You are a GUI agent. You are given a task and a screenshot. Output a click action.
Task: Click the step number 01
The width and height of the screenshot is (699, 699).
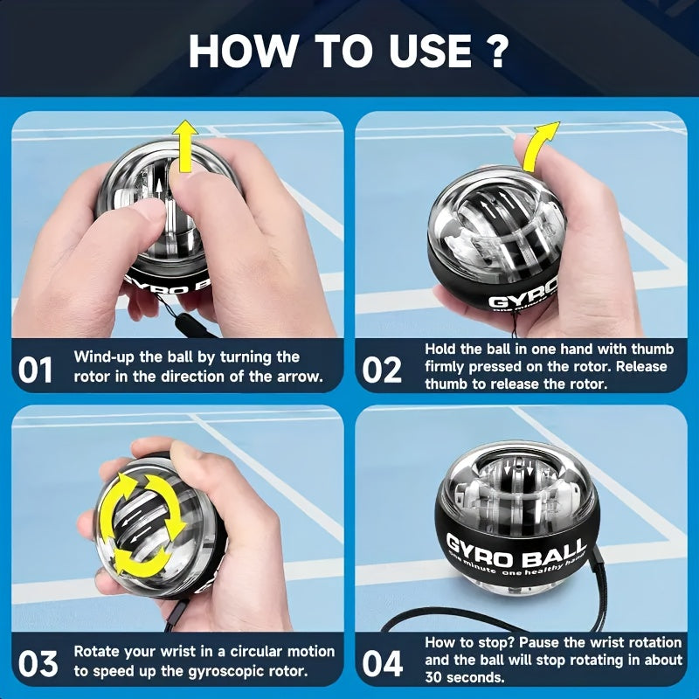point(36,370)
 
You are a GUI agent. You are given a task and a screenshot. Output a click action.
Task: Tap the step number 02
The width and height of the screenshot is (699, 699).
point(382,370)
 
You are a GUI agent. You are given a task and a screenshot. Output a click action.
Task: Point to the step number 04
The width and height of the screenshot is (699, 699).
point(383,664)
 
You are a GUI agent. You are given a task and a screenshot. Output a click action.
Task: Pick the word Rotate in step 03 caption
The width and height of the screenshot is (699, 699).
point(99,652)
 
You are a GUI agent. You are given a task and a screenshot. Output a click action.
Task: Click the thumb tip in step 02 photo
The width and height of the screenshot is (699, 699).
point(524,144)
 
